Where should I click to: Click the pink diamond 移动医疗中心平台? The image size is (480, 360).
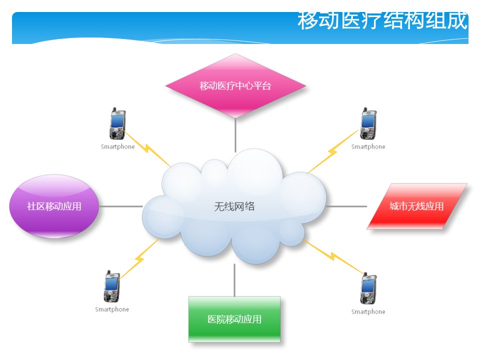point(235,85)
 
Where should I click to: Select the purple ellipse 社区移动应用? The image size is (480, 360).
point(54,206)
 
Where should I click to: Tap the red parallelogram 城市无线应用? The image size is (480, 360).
point(416,206)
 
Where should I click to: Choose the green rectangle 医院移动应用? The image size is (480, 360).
point(234,319)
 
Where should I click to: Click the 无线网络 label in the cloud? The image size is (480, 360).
point(234,206)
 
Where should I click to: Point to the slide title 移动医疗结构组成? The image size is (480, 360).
point(382,21)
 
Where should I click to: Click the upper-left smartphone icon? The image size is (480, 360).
point(117,123)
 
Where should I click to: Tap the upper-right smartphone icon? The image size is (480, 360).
point(368,123)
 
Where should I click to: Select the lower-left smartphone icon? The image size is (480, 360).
point(111,286)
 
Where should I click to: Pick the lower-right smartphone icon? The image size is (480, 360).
point(368,288)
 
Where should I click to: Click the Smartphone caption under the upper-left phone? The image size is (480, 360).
point(118,146)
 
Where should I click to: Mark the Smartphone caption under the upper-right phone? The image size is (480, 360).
point(368,146)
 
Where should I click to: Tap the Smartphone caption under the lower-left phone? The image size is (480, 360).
point(112,309)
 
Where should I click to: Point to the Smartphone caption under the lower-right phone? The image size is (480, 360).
point(368,311)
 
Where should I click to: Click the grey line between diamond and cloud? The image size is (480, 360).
point(235,135)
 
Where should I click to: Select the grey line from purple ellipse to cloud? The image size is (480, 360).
point(121,206)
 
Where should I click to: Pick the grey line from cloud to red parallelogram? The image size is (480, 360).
point(346,206)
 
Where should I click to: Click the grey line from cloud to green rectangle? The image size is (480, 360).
point(234,280)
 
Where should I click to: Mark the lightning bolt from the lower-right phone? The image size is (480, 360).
point(333,256)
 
